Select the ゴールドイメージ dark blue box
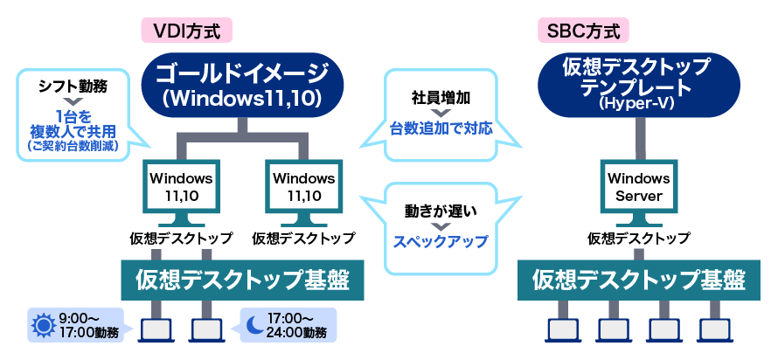coord(244,82)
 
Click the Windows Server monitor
coord(639,185)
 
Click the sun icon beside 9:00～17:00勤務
coord(43,325)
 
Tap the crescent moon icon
coord(254,325)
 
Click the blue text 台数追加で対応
coord(441,128)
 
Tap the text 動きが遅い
coord(440,211)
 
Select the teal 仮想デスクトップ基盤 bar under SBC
coord(639,280)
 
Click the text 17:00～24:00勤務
coord(298,325)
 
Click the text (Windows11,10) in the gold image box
coord(244,97)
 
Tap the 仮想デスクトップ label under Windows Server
coord(639,238)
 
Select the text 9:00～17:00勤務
coord(87,325)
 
